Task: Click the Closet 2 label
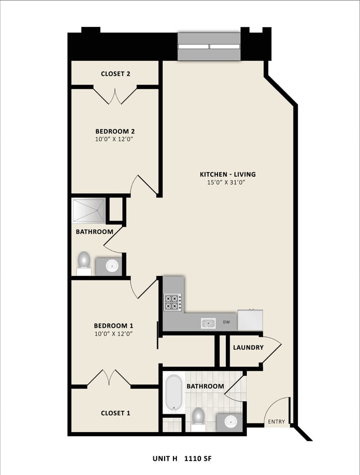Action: click(115, 74)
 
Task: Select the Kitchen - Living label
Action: click(227, 174)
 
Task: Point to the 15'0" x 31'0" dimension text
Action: click(227, 182)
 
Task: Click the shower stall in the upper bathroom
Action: click(88, 210)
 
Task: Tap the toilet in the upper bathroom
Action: click(84, 261)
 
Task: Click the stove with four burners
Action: click(172, 302)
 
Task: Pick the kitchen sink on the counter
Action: click(208, 323)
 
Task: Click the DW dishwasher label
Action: click(226, 323)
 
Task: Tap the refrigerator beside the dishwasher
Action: click(251, 320)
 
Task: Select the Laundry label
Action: click(248, 347)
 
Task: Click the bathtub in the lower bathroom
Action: click(174, 393)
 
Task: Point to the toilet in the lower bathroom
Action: click(198, 417)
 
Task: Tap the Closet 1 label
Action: click(115, 413)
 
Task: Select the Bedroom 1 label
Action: click(113, 326)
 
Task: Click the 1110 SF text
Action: click(201, 459)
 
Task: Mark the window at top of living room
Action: click(209, 46)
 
